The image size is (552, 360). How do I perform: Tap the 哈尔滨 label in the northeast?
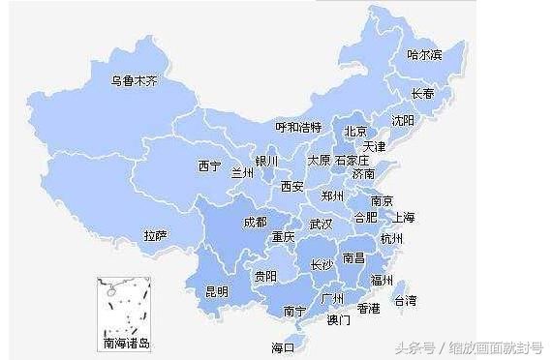click(424, 54)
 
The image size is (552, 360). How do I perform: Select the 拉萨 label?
click(155, 235)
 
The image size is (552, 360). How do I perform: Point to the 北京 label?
click(355, 131)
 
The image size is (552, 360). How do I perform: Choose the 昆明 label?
click(217, 290)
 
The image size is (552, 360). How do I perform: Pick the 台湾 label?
click(405, 301)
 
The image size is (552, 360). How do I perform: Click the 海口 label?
click(282, 346)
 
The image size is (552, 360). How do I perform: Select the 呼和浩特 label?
click(297, 126)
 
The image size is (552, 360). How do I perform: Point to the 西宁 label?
click(209, 165)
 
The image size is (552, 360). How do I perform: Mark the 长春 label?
click(423, 94)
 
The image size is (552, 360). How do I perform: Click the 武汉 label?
click(321, 224)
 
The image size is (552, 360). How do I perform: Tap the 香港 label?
click(368, 309)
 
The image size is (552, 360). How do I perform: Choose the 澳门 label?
click(338, 319)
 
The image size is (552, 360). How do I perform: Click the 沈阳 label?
click(402, 120)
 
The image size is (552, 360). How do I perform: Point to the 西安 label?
click(291, 186)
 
